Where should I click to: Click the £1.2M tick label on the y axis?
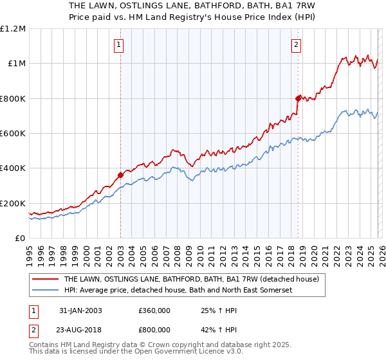tap(13, 28)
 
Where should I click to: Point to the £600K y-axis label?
tap(13, 133)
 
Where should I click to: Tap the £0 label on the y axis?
tap(21, 238)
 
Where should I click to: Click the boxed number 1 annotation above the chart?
tap(120, 45)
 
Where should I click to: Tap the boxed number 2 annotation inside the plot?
tap(296, 45)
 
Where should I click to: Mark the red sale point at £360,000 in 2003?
tap(120, 175)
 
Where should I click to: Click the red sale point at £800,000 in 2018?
tap(298, 98)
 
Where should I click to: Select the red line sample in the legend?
tap(46, 280)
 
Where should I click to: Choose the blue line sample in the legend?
tap(46, 291)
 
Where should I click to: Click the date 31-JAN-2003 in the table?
tap(80, 310)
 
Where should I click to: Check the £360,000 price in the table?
tap(154, 310)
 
